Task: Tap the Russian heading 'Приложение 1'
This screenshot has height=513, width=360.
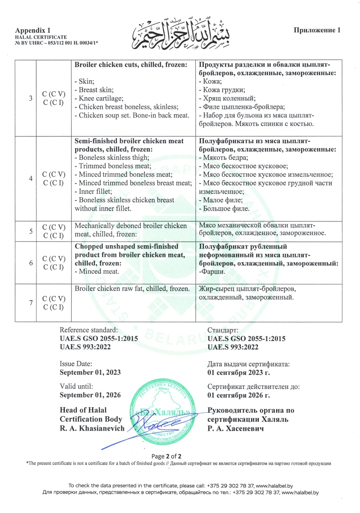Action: tap(317, 30)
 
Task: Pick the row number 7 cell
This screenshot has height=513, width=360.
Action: tap(30, 303)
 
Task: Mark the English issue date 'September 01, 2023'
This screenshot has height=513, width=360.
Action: tap(90, 372)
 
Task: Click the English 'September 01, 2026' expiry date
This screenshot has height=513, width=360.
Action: tap(90, 395)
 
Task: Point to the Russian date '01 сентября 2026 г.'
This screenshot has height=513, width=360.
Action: tap(238, 395)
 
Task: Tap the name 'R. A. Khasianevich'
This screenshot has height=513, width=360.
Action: tap(92, 428)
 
